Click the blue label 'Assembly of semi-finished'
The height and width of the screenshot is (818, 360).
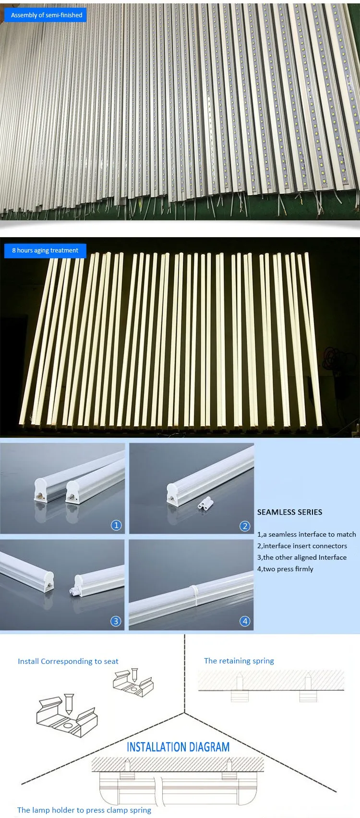click(47, 15)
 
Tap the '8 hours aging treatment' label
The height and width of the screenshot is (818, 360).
click(45, 251)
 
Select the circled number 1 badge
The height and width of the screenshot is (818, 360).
click(116, 525)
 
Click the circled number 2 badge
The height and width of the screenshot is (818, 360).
click(245, 526)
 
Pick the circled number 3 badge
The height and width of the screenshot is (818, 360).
click(116, 621)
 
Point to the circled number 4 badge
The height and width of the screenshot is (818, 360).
click(245, 621)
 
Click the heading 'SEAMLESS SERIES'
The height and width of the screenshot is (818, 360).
click(289, 512)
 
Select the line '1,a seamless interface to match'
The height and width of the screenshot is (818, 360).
click(306, 534)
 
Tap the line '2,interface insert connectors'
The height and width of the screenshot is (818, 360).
click(302, 546)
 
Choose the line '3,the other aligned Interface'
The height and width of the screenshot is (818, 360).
click(301, 557)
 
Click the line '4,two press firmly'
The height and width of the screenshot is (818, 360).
click(285, 569)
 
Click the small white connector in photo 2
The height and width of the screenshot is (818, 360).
click(204, 505)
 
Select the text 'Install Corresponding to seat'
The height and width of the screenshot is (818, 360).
click(68, 661)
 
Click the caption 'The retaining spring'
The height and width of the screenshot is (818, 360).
click(239, 661)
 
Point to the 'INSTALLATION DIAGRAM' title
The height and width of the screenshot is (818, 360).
click(178, 747)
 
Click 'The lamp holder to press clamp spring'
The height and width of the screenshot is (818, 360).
click(84, 810)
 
